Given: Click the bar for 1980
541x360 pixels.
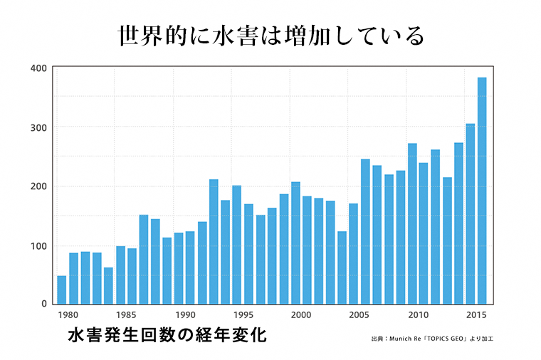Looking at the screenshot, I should (61, 290).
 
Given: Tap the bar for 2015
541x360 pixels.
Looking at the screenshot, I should (470, 214).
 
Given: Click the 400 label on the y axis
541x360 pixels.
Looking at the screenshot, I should (38, 68).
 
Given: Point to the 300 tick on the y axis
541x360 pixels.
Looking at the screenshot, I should (38, 127).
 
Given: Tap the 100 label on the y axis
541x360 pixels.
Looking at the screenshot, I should (38, 246).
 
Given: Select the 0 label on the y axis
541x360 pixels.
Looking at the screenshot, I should (43, 305).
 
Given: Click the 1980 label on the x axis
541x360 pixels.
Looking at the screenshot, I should (68, 314).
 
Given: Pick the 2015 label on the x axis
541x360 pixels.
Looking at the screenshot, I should (475, 314).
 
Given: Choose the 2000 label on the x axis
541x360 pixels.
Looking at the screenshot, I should (300, 314).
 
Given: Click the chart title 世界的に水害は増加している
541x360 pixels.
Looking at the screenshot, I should (270, 36).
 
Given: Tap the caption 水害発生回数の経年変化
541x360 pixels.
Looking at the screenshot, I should (167, 335).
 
